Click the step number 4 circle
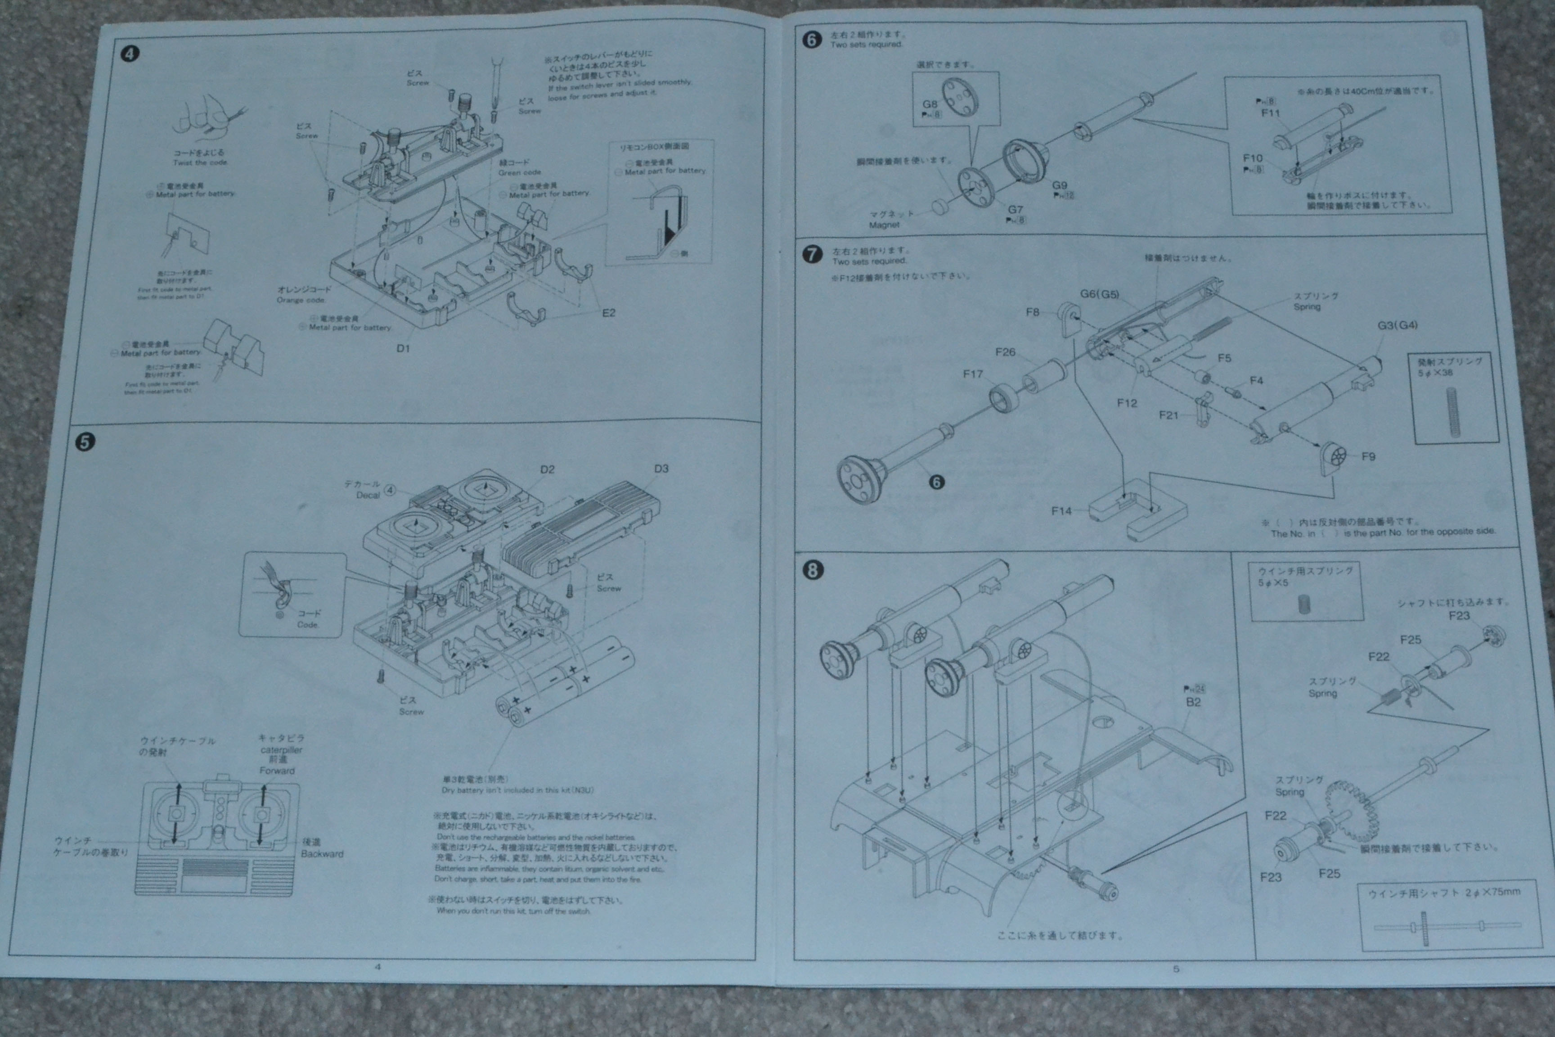pos(130,54)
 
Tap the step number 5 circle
pos(85,442)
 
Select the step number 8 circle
pos(813,570)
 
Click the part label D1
pos(403,348)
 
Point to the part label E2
pos(608,313)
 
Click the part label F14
pos(1061,510)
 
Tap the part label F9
pos(1368,456)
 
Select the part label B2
pos(1193,702)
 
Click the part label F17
pos(972,374)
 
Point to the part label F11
pos(1271,113)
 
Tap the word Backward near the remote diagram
pos(322,854)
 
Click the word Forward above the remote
pos(277,771)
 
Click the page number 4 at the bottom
pos(378,966)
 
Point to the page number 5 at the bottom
pos(1176,969)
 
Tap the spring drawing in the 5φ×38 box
pos(1452,411)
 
